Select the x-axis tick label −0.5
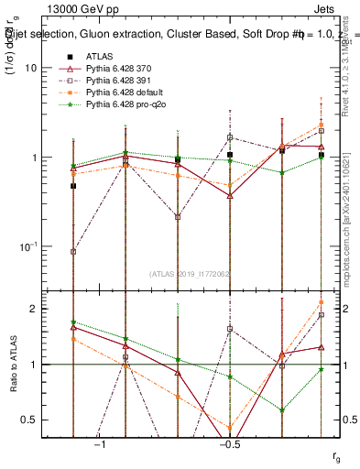pos(230,444)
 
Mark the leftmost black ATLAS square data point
pos(73,186)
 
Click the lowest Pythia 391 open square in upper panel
pos(73,251)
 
